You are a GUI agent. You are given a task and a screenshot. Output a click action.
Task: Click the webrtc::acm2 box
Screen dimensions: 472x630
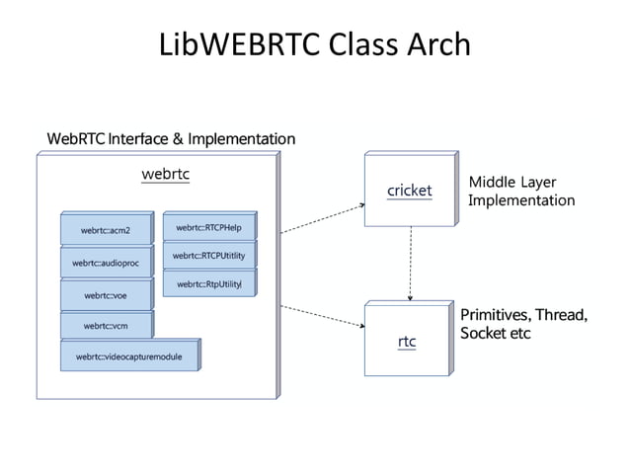tap(106, 230)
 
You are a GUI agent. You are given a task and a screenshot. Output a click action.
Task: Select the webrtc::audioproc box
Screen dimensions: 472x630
tap(106, 263)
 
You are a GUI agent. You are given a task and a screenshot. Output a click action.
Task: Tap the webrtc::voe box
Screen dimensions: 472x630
tap(106, 294)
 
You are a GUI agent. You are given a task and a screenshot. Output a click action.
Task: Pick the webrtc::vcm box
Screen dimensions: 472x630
tap(106, 325)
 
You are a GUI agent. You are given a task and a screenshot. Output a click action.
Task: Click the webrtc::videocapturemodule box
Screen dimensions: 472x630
tap(129, 355)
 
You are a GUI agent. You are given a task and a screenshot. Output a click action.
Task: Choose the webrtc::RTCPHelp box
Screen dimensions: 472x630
tap(208, 228)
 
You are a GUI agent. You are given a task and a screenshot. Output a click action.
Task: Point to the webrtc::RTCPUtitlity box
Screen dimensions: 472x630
tap(208, 256)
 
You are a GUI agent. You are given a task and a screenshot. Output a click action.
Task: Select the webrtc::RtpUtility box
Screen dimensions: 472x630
tap(208, 283)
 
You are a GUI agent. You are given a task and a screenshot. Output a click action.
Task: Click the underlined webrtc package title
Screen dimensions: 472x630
tap(165, 174)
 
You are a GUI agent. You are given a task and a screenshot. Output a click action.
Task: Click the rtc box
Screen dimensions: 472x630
tap(406, 341)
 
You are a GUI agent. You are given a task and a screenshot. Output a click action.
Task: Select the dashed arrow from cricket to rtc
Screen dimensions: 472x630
tap(410, 265)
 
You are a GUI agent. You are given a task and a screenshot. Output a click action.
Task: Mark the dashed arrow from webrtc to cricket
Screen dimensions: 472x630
tap(321, 218)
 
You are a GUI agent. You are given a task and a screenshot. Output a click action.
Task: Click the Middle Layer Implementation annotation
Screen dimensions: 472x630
tap(520, 192)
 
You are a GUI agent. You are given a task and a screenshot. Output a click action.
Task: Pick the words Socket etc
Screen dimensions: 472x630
tap(495, 334)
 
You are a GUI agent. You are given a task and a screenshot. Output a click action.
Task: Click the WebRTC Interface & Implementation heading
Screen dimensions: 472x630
tap(171, 139)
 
